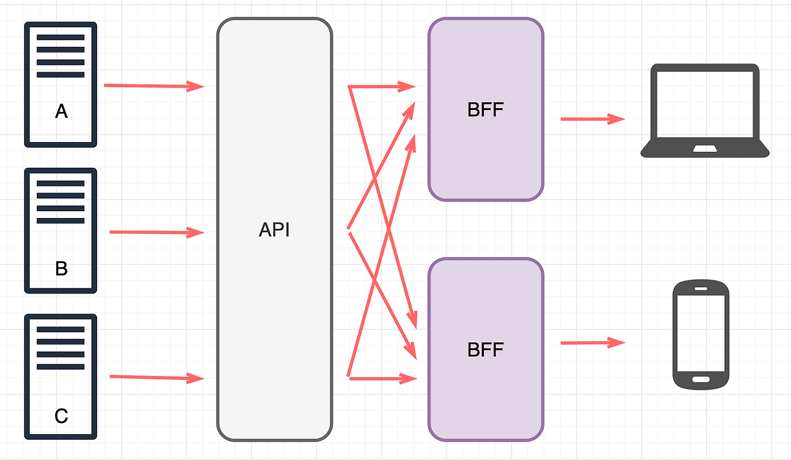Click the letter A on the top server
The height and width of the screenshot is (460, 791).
61,111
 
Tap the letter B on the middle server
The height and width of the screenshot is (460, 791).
61,269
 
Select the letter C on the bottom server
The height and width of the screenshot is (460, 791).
61,416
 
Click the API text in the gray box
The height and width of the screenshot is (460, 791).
274,230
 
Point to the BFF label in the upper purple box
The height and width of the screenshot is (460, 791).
486,110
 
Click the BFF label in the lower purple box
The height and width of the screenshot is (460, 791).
486,349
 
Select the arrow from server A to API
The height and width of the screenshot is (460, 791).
154,86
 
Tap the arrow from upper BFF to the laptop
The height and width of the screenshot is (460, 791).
593,119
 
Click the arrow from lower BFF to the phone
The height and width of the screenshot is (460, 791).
593,343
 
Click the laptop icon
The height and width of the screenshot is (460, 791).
704,111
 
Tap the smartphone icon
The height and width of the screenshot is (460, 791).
701,335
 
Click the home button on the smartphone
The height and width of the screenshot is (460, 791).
701,379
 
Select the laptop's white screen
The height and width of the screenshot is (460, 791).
704,104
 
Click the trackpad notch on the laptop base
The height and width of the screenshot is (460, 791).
704,149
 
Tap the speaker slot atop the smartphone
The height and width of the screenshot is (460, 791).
701,288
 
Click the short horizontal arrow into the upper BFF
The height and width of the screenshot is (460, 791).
383,87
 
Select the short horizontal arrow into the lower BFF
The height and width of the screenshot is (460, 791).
383,378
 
